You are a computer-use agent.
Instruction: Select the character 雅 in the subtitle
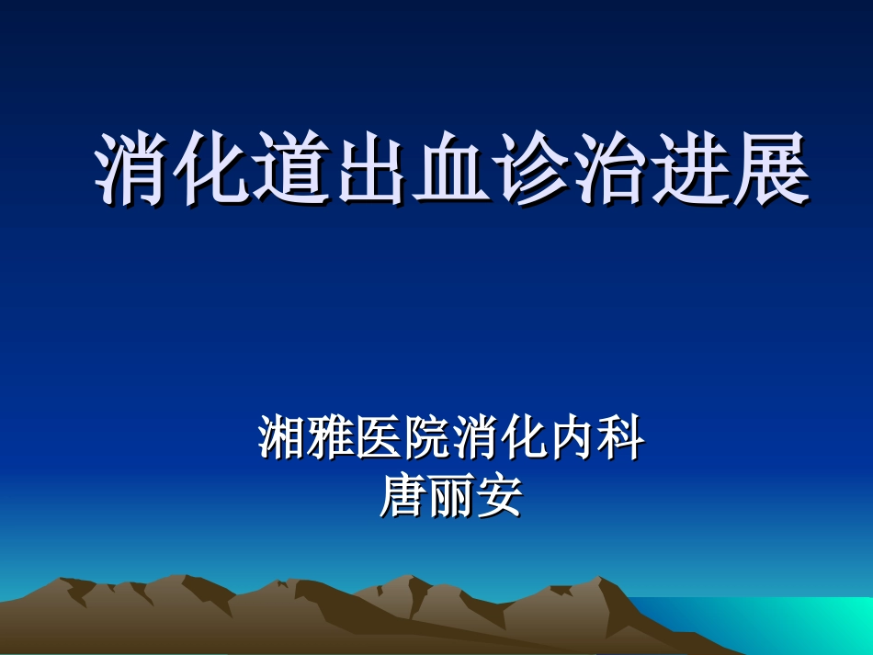[x=330, y=440]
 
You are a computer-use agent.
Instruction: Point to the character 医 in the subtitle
[x=378, y=440]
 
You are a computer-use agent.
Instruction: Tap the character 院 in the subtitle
[x=426, y=440]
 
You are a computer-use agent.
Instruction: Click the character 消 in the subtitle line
[x=475, y=440]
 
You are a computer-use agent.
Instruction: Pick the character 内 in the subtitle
[x=572, y=440]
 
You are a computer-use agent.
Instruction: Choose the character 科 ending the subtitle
[x=620, y=440]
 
